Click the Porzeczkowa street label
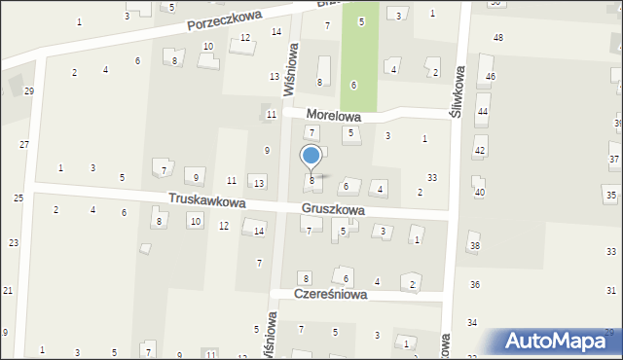pos(238,18)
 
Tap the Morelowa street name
pos(333,115)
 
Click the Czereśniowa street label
pos(333,295)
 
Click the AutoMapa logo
pos(562,342)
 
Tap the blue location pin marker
pos(311,157)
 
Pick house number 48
pos(498,37)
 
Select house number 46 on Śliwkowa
pos(491,76)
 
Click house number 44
pos(482,112)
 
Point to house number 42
pos(480,151)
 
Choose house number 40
pos(479,192)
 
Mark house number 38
pos(475,245)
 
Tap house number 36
pos(474,284)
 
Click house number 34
pos(472,322)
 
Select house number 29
pos(29,90)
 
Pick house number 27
pos(24,144)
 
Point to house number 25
pos(18,198)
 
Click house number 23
pos(14,242)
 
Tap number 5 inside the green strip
pos(361,21)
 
